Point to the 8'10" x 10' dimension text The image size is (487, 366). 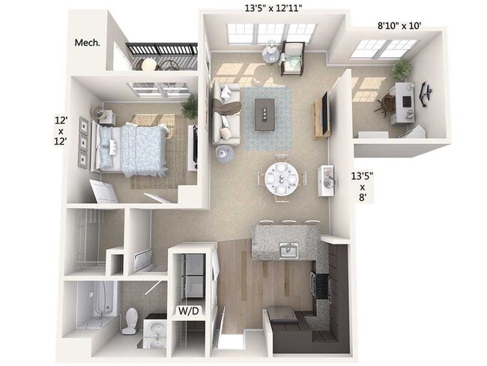(398, 25)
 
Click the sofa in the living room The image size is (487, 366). (226, 114)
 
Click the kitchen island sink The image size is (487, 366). (288, 250)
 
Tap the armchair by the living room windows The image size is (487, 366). (291, 58)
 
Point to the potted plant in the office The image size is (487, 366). (402, 70)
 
